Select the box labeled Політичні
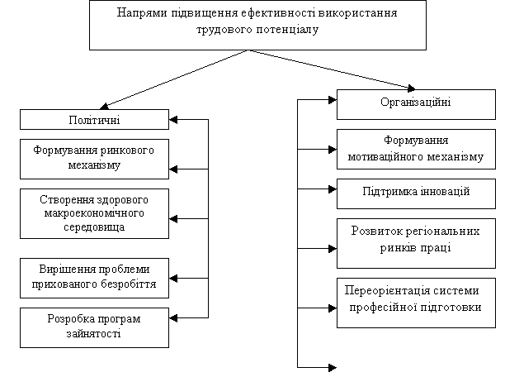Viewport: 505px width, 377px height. pos(94,119)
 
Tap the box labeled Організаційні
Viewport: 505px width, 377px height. pos(416,104)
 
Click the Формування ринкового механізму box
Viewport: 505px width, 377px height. pos(94,159)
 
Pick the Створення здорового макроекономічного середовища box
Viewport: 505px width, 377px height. pos(94,213)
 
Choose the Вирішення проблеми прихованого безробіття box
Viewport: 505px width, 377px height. pos(94,278)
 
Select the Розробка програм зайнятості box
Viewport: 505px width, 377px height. pos(94,327)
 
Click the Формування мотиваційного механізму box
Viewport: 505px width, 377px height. pos(416,149)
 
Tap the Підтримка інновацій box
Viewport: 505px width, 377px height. pos(416,193)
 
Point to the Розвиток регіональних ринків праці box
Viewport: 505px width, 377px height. pos(416,243)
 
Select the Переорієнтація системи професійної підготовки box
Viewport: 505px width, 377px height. pos(416,303)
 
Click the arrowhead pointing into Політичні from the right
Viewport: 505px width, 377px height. pos(173,120)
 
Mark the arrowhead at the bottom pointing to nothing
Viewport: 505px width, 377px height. pos(333,367)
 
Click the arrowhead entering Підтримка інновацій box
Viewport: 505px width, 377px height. pos(333,189)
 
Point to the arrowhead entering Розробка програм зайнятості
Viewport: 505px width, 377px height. pos(173,318)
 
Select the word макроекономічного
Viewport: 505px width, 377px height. pos(94,213)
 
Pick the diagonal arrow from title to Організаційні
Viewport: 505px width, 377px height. pos(332,69)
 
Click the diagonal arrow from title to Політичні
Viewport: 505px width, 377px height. pos(174,79)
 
